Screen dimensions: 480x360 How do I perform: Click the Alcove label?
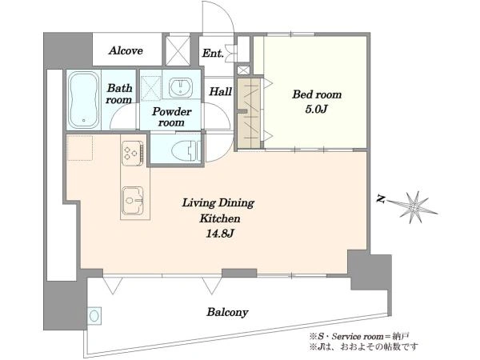126,50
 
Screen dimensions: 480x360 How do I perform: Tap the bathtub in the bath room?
83,100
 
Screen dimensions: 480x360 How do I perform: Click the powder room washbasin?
181,86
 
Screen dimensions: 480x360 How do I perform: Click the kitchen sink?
133,201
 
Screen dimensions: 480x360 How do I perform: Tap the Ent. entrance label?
213,54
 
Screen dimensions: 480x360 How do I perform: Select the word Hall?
220,91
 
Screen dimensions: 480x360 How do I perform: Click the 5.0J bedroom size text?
317,110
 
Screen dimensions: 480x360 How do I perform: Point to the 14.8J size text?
220,234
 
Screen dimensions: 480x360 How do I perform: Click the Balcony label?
227,312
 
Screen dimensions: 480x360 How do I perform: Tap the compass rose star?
414,207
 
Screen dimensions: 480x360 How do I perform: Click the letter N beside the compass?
381,199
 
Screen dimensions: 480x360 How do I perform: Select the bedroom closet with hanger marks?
249,114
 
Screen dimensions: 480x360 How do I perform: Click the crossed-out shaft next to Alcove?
178,50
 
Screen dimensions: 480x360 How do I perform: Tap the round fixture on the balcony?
94,316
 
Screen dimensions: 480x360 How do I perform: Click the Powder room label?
171,117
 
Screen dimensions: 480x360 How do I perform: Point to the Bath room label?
119,94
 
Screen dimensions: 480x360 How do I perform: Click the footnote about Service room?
359,337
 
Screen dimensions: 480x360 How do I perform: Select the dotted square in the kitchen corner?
80,148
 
